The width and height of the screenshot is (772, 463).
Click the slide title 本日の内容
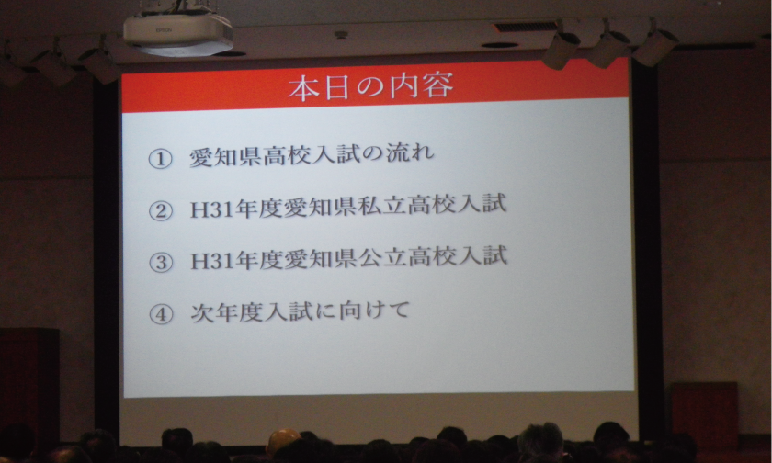coord(371,88)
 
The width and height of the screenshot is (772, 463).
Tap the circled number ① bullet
coord(160,158)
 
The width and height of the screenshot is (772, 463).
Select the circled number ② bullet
coord(161,210)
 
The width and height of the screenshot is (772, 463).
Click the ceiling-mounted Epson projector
coord(177,29)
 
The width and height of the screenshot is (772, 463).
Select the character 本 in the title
coord(303,89)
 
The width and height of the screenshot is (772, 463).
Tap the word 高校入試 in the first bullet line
coord(313,155)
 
